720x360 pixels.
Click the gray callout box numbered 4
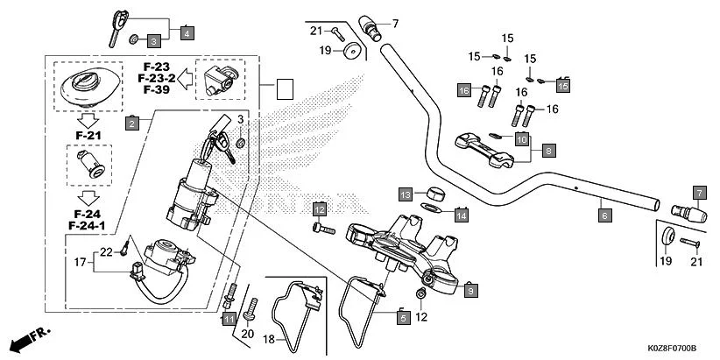tap(187, 32)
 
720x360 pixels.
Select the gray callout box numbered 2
tap(131, 124)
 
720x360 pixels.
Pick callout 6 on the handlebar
tap(604, 212)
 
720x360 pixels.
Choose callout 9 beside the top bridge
tap(470, 289)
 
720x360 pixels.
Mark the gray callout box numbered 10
tap(521, 139)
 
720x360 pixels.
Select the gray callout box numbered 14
tap(461, 213)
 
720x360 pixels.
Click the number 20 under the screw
tap(247, 333)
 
